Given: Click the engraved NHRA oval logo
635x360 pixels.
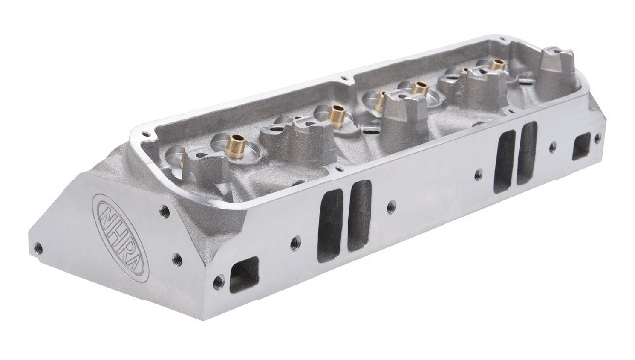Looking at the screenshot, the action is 121,238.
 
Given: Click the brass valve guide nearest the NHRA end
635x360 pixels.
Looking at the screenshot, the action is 235,146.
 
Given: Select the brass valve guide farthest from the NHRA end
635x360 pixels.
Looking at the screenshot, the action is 497,64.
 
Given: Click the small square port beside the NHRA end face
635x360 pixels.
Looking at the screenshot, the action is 244,274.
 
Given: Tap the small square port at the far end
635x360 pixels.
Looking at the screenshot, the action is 581,146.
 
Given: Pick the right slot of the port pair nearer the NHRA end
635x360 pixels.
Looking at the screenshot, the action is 359,215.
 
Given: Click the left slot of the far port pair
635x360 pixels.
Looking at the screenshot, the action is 505,162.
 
